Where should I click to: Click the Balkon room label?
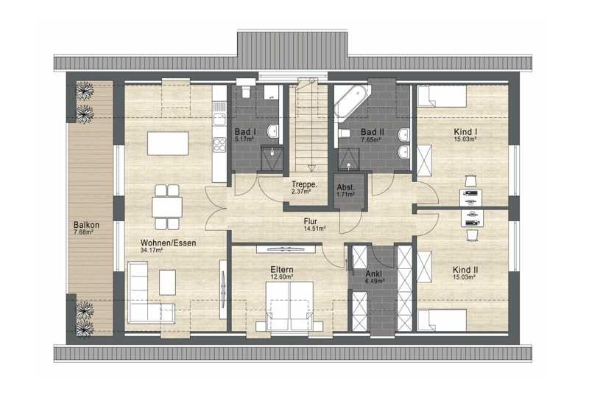coord(86,225)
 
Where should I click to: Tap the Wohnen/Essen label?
coord(169,243)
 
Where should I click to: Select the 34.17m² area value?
coord(152,250)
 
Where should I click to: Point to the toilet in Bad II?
coord(344,133)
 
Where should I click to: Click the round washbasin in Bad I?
coord(272,131)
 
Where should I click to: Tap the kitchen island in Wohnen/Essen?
coord(168,143)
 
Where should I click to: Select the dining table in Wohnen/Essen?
coord(167,207)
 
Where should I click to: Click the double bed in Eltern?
coord(289,306)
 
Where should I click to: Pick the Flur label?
coord(311,221)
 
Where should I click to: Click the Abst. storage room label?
coord(345,187)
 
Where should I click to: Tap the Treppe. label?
coord(305,184)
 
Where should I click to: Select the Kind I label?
coord(465,132)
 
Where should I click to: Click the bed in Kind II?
coord(442,320)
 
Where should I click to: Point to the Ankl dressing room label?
coord(374,274)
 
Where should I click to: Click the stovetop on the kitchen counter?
coord(219,145)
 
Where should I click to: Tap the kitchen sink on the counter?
coord(219,119)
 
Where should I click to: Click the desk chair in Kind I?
coord(470,181)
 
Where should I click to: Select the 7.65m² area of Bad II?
coord(371,139)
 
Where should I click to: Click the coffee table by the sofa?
coord(167,282)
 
